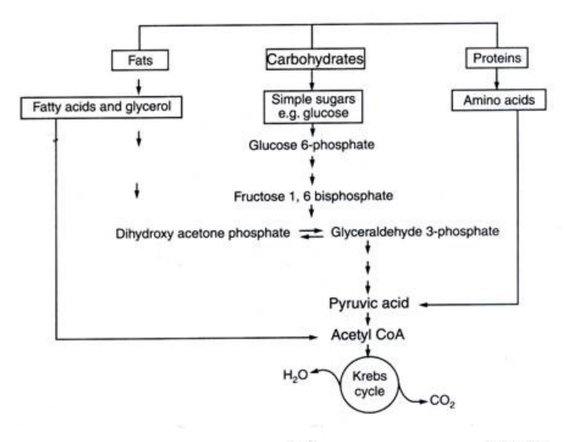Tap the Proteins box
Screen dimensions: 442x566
[x=496, y=59]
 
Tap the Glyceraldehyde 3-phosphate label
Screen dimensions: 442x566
[x=415, y=232]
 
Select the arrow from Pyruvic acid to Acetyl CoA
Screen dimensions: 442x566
[x=368, y=320]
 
